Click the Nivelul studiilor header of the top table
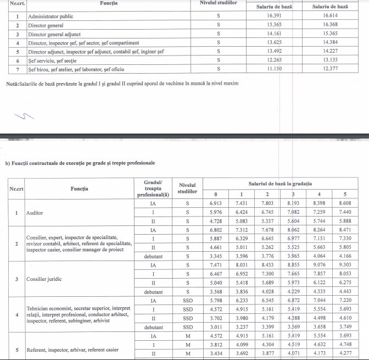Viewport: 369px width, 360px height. pyautogui.click(x=218, y=3)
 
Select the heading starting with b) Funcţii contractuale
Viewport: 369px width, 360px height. pyautogui.click(x=80, y=163)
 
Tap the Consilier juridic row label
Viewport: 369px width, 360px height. pyautogui.click(x=45, y=279)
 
